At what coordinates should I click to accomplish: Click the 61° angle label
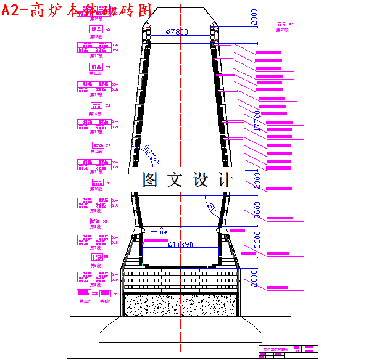(213, 207)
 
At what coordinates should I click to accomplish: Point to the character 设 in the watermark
(201, 180)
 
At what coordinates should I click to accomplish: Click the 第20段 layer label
(282, 30)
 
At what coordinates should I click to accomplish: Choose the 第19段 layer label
(96, 36)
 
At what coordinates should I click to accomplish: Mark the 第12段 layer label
(96, 152)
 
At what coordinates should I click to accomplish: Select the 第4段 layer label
(104, 301)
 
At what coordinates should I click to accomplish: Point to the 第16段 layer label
(96, 74)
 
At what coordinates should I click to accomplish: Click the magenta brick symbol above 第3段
(82, 293)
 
